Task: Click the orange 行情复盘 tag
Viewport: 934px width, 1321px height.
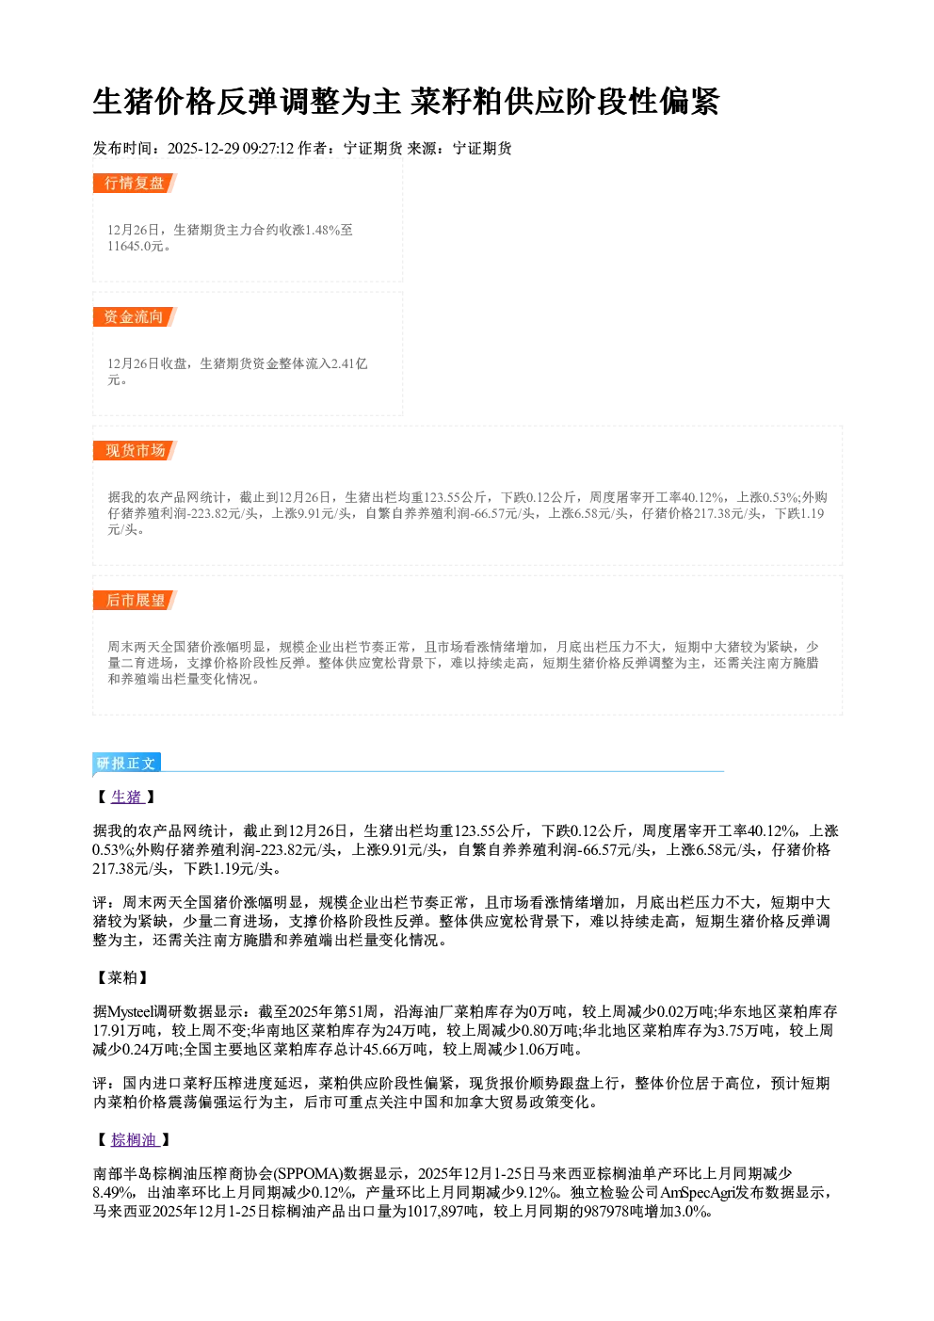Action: pos(135,183)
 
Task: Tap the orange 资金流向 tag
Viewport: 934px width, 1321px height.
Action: pos(135,316)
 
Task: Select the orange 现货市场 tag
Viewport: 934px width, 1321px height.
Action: pos(135,451)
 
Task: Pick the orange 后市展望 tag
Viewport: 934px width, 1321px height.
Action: pos(135,601)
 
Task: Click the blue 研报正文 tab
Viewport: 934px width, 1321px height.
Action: pos(126,763)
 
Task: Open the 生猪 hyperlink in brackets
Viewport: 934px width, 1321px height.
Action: pos(127,797)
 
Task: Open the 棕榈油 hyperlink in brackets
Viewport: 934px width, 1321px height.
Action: pos(135,1140)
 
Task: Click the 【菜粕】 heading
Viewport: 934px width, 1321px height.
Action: pos(122,977)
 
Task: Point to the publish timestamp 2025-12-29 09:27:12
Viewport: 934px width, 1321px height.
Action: pos(231,148)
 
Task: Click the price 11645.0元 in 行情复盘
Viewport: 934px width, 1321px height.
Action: pos(136,246)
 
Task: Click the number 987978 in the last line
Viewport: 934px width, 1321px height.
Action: pos(609,1212)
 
